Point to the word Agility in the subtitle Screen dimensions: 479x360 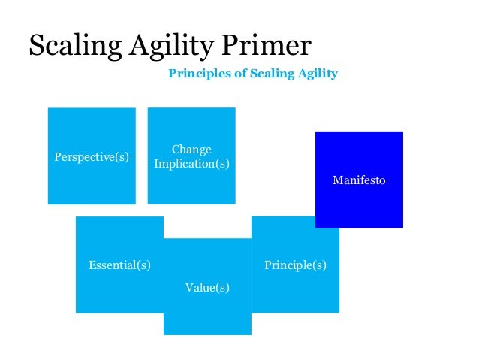(x=315, y=74)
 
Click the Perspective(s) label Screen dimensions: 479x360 (x=92, y=157)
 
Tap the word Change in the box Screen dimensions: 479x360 (x=191, y=150)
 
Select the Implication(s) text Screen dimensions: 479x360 (x=191, y=163)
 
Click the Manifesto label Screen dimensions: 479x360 (x=359, y=180)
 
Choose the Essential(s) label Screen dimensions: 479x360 (x=119, y=265)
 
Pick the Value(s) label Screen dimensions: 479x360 (x=207, y=288)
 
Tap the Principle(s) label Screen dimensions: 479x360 (x=295, y=265)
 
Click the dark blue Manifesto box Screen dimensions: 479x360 (x=359, y=203)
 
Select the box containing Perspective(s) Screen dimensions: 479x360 (x=92, y=180)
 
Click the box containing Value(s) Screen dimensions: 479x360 (x=207, y=316)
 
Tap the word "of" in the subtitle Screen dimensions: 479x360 (x=229, y=74)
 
